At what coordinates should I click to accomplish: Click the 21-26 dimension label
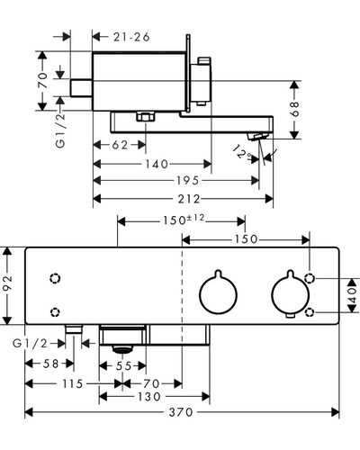(x=131, y=37)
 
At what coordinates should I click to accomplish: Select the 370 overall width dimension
(x=181, y=412)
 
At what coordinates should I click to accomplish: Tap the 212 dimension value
(x=189, y=199)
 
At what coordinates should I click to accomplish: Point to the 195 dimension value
(x=188, y=180)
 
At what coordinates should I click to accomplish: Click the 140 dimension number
(x=157, y=164)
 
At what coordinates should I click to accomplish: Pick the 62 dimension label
(x=120, y=145)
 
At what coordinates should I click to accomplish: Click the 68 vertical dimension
(x=295, y=109)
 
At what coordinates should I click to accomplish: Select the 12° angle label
(x=242, y=153)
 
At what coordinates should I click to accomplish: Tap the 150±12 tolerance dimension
(x=184, y=220)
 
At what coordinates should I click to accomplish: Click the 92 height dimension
(x=7, y=283)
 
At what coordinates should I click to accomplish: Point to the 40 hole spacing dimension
(x=353, y=295)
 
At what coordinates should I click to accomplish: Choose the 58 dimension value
(x=50, y=364)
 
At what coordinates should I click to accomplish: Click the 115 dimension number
(x=72, y=383)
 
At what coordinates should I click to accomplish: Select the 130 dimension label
(x=149, y=397)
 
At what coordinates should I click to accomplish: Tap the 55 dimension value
(x=123, y=366)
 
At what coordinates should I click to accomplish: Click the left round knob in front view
(x=219, y=293)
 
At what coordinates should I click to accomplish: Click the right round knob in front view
(x=290, y=293)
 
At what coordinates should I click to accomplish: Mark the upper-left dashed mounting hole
(x=55, y=279)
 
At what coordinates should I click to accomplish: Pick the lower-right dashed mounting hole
(x=310, y=312)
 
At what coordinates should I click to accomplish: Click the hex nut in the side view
(x=145, y=117)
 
